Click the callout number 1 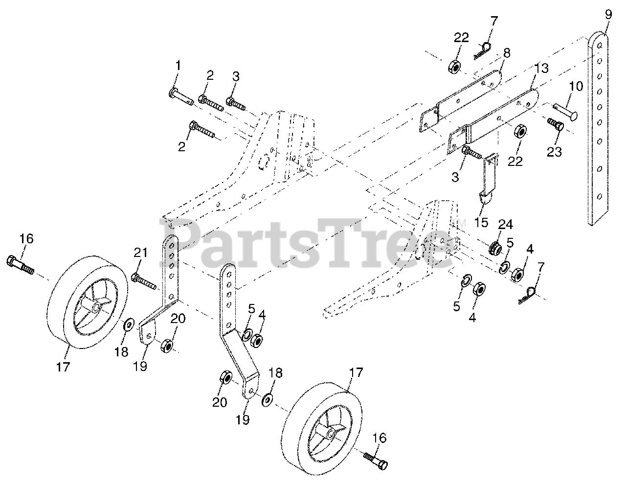pos(178,65)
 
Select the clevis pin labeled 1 pos(181,95)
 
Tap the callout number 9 pos(608,14)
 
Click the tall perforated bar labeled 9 pos(598,127)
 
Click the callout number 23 pos(554,152)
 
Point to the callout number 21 pos(140,253)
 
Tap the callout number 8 pos(506,53)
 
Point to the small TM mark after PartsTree pos(461,223)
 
